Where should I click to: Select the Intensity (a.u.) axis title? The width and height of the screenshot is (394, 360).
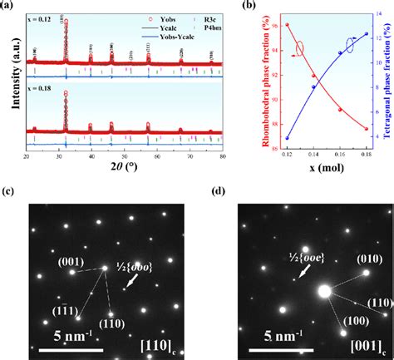click(x=7, y=83)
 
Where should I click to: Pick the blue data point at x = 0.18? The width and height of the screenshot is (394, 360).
click(x=367, y=34)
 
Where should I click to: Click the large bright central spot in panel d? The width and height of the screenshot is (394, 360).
click(x=324, y=292)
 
